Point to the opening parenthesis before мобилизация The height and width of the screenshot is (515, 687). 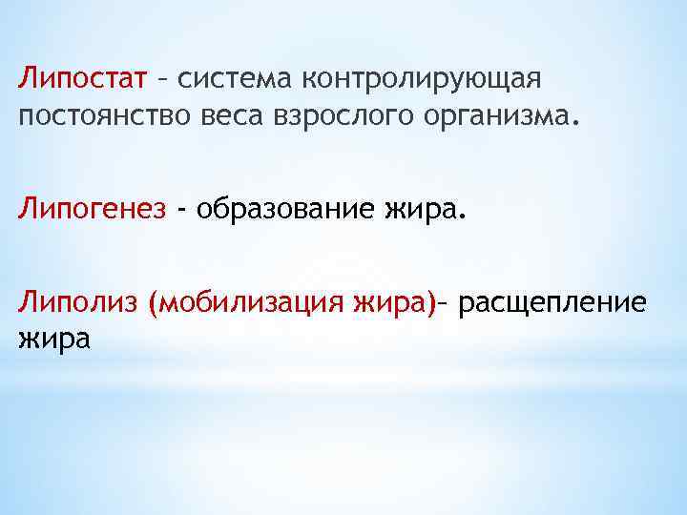[x=155, y=303]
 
